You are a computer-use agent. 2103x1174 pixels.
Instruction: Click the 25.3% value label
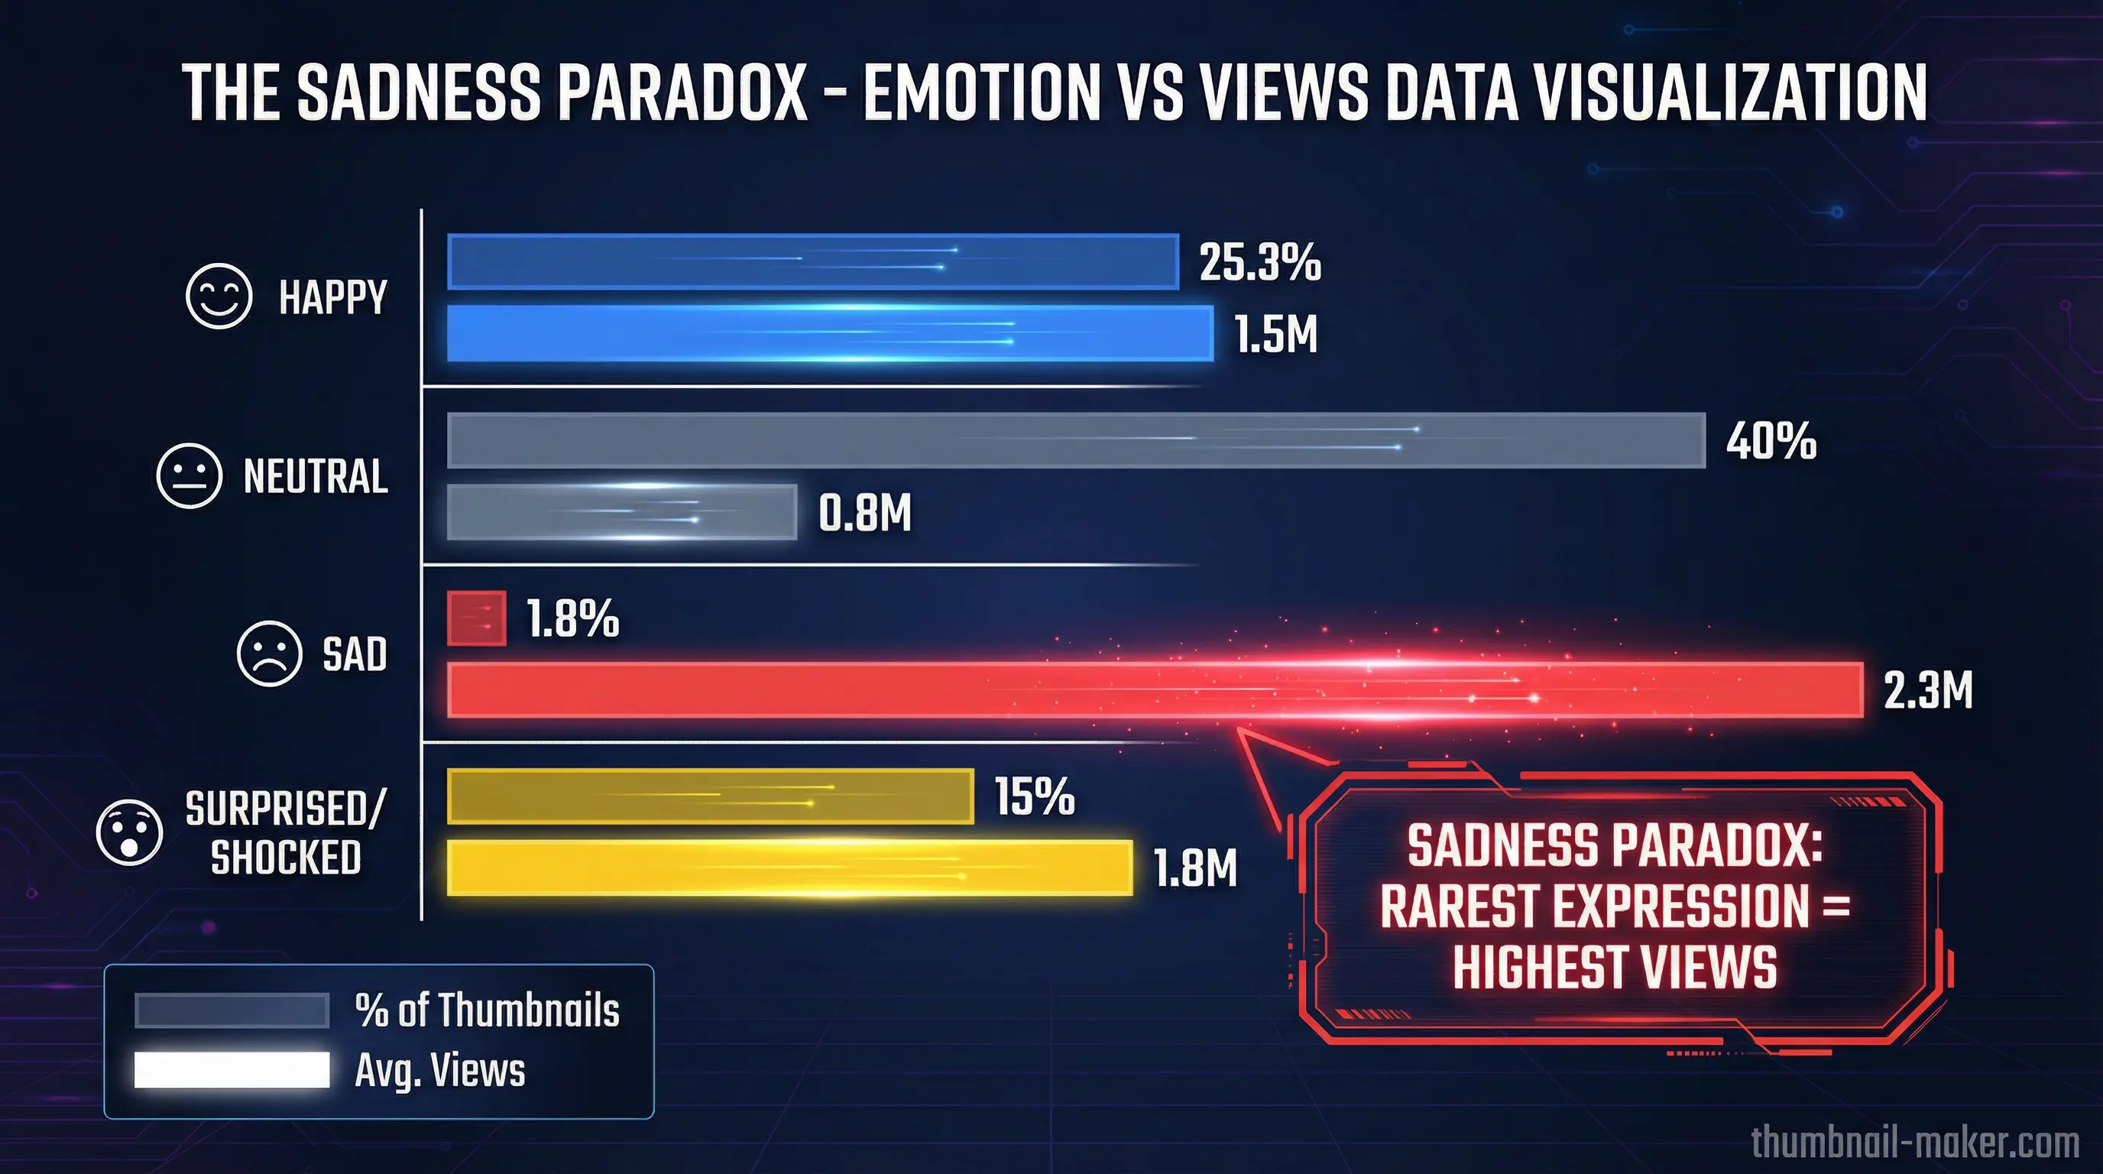(x=1259, y=263)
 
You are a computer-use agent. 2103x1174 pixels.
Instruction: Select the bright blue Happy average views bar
(x=829, y=333)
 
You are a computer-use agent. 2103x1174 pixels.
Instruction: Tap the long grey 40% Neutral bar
(x=1076, y=440)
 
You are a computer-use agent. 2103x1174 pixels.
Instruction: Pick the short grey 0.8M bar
(x=621, y=512)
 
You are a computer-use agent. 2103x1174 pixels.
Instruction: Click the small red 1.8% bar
(x=476, y=618)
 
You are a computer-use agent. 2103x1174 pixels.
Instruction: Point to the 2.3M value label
(x=1927, y=691)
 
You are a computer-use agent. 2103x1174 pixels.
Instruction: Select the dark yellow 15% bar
(x=710, y=796)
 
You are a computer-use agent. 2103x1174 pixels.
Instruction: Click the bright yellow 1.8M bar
(x=789, y=868)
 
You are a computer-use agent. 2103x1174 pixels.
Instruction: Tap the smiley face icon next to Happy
(x=218, y=297)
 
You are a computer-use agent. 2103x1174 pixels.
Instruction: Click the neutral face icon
(x=189, y=476)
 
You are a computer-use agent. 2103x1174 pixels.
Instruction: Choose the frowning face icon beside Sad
(x=270, y=654)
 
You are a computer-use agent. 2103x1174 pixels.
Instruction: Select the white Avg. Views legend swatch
(x=232, y=1069)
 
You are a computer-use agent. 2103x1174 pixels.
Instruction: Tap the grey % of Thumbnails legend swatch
(x=232, y=1010)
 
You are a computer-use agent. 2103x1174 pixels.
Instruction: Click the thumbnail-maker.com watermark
(x=1914, y=1141)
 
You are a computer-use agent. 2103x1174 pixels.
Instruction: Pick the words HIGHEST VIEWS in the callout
(x=1614, y=968)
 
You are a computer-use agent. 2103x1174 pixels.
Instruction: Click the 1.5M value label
(x=1275, y=335)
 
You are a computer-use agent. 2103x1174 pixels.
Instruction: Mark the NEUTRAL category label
(x=315, y=477)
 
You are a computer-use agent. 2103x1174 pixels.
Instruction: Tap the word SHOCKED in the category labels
(x=286, y=858)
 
